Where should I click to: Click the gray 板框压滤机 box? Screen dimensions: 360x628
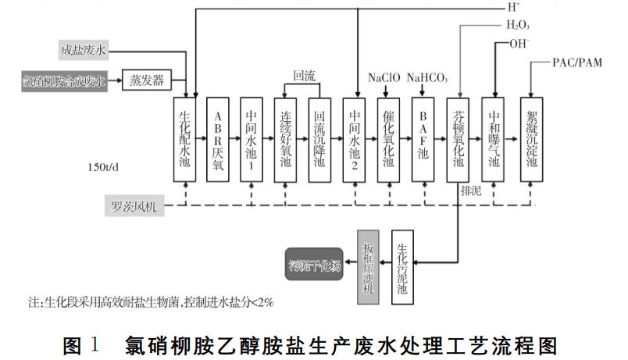point(369,266)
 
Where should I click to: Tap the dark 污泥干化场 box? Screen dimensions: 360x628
point(313,266)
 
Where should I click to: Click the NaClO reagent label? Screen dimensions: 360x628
point(384,77)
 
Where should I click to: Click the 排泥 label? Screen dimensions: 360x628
point(471,191)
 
